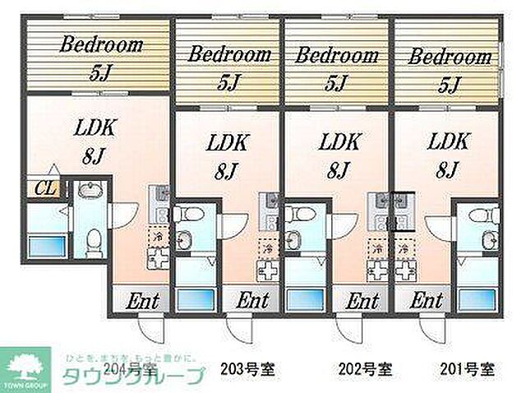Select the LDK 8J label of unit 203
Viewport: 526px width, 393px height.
[x=224, y=155]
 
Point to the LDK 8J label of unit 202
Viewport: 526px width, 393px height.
[x=335, y=155]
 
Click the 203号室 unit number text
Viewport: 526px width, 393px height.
[x=247, y=368]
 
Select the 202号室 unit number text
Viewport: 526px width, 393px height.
[x=363, y=368]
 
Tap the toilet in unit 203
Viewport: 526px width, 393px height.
[x=187, y=216]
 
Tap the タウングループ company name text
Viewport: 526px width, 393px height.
[x=131, y=377]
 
